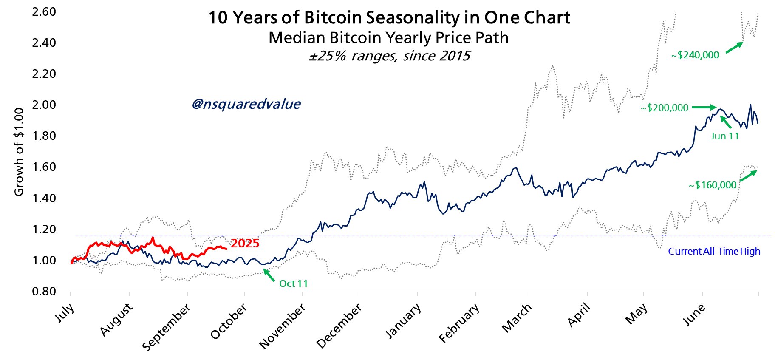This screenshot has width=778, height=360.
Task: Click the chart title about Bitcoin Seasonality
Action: [389, 18]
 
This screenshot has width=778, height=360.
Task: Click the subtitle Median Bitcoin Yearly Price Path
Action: [388, 38]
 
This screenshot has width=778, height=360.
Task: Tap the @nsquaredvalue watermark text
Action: [246, 104]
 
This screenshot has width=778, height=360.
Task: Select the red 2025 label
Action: [245, 244]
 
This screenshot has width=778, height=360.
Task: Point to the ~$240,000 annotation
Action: [695, 55]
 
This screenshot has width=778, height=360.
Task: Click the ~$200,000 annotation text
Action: [665, 108]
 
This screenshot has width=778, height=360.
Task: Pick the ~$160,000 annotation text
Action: [713, 185]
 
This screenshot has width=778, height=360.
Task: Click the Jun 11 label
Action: [725, 136]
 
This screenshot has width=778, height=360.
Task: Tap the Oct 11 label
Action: [293, 283]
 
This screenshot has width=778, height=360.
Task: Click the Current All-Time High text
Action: [714, 251]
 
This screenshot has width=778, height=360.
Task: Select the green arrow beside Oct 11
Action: [269, 275]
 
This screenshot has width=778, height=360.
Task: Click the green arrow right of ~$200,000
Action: [704, 108]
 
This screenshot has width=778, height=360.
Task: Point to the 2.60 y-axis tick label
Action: [44, 12]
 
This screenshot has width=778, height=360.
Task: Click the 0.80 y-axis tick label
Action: [44, 292]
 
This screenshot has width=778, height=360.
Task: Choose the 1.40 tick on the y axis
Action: [44, 198]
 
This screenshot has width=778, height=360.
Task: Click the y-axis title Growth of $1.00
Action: [19, 152]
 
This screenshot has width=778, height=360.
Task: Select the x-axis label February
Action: [459, 323]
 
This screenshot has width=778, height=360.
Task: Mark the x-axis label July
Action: [65, 313]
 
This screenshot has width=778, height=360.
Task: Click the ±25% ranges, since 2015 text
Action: [389, 56]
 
